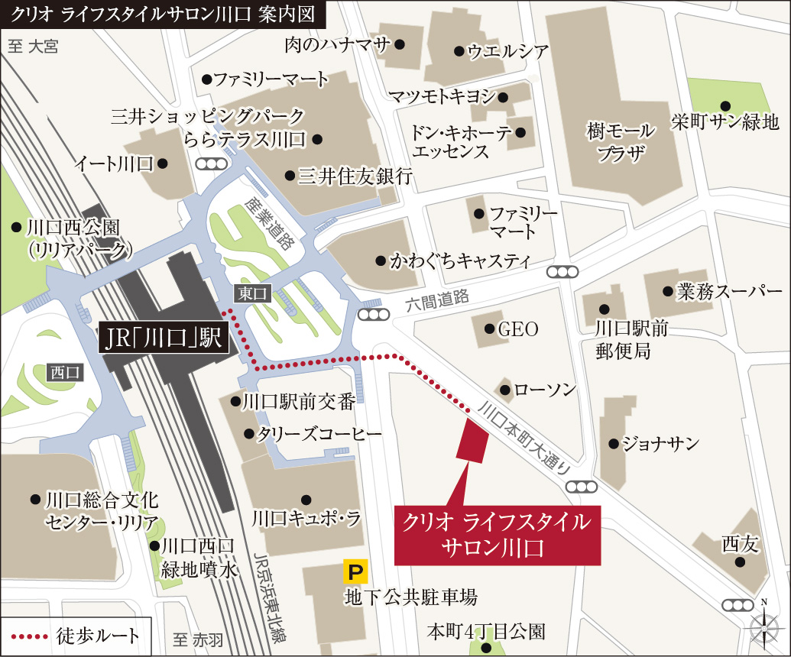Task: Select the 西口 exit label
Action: (63, 372)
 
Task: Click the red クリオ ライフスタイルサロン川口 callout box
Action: (496, 535)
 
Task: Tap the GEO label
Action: (517, 329)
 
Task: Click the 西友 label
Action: (740, 544)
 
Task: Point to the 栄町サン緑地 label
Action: (724, 121)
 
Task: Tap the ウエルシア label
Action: (507, 52)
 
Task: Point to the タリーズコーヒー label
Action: (318, 434)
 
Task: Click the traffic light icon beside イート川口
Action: (211, 163)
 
